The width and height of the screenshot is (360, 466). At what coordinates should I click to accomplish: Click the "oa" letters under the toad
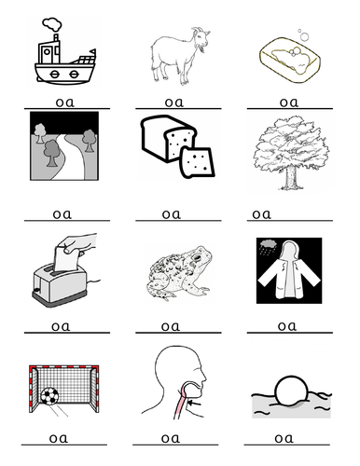[171, 325]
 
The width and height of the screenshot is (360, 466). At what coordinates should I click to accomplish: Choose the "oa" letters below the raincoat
[286, 325]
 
